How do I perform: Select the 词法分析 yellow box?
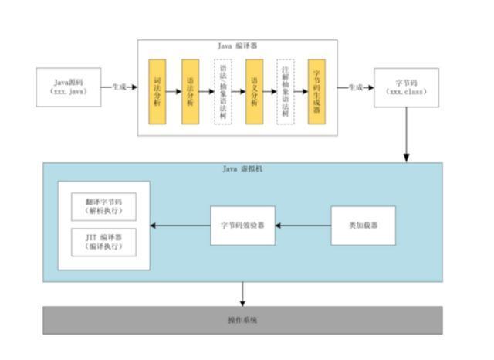point(157,91)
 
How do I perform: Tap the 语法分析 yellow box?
point(190,91)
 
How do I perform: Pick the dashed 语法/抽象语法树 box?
point(222,91)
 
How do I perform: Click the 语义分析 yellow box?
point(254,91)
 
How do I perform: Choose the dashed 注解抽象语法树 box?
point(286,91)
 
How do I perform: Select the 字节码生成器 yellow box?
point(316,91)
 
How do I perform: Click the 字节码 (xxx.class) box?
point(406,87)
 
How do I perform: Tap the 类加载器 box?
point(363,226)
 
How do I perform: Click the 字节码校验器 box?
point(242,226)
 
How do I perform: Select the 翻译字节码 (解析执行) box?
point(103,205)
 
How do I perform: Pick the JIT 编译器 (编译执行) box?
point(103,242)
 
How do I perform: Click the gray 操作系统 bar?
point(242,320)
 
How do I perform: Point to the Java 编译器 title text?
point(237,46)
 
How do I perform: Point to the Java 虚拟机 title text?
point(242,169)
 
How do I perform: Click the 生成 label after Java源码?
point(119,87)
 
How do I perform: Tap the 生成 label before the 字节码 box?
point(355,87)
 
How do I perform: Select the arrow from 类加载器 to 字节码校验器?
point(303,226)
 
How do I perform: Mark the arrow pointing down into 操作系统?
point(242,294)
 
